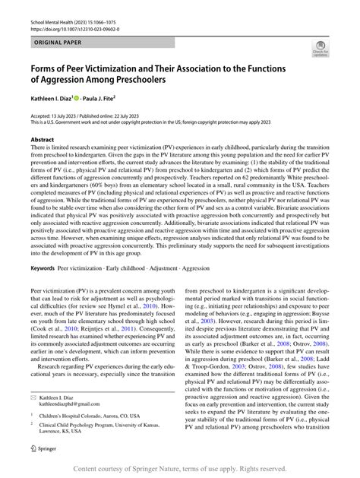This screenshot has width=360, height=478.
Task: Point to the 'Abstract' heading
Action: click(x=43, y=141)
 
